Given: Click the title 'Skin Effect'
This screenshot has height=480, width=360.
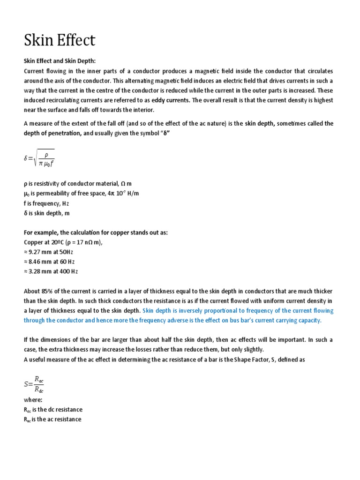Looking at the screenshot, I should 60,41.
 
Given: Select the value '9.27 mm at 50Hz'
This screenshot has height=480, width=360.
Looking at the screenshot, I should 49,252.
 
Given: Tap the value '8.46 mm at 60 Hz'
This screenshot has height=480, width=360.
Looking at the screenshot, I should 49,262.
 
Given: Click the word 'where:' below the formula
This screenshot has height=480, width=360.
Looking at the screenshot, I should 33,400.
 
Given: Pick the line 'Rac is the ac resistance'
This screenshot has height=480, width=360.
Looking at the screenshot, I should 52,419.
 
